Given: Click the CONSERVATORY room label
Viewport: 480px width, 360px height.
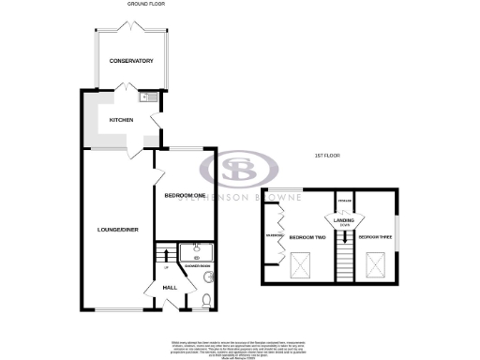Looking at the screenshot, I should pyautogui.click(x=130, y=62).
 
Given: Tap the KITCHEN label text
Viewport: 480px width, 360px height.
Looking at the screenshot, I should pyautogui.click(x=122, y=120).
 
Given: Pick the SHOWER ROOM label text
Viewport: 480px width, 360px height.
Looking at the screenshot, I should pyautogui.click(x=197, y=266).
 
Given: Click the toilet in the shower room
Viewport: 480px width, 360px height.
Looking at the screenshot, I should pyautogui.click(x=205, y=301).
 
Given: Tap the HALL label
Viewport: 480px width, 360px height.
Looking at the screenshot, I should pyautogui.click(x=170, y=287).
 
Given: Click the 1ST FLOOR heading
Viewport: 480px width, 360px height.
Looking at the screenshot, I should pyautogui.click(x=327, y=155).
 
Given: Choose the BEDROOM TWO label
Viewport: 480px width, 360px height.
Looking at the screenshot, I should pyautogui.click(x=307, y=237).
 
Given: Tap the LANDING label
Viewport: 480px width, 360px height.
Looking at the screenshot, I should pyautogui.click(x=344, y=219).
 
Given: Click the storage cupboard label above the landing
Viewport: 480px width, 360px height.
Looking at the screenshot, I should pyautogui.click(x=345, y=201).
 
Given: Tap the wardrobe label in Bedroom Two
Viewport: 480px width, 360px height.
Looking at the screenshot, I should pyautogui.click(x=274, y=235).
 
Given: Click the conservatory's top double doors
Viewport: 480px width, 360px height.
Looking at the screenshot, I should pyautogui.click(x=130, y=29).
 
